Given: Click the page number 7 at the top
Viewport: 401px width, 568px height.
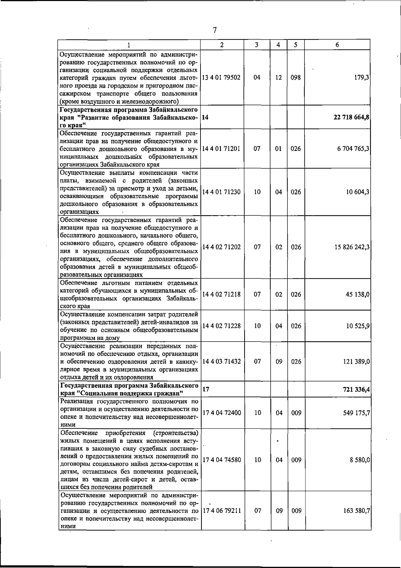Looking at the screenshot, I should (215, 30).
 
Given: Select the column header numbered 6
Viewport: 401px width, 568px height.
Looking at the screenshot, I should (337, 45).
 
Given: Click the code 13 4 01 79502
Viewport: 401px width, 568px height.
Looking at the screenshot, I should (222, 77).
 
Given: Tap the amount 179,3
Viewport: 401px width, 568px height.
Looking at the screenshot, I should (362, 77).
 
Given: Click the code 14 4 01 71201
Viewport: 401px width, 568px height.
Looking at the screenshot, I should (222, 149).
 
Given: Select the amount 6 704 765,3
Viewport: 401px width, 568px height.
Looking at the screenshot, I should (353, 149).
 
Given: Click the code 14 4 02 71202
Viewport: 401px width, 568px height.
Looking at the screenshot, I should (222, 247).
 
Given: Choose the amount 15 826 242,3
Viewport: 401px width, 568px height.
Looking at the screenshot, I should (352, 247).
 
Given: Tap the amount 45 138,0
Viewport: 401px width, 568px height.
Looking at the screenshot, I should (358, 295).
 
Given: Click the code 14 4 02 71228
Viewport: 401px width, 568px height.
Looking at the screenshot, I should (222, 326).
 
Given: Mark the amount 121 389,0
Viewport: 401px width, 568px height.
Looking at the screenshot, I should (356, 362).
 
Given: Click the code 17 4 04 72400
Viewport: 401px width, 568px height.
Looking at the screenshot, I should (222, 413).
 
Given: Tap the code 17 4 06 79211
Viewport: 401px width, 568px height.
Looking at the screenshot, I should (222, 511).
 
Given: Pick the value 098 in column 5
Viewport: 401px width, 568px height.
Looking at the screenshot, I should (296, 77).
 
